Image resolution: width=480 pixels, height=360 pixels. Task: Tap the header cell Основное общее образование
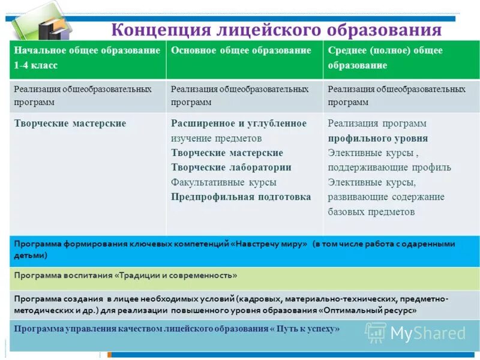241,50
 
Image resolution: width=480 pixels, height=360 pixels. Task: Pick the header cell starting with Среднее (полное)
385,50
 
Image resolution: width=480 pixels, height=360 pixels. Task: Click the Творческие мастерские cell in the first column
70,123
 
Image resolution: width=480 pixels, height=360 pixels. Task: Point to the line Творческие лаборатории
231,167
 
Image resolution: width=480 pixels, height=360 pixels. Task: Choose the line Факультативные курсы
224,182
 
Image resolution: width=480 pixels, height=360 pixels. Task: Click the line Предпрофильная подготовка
241,197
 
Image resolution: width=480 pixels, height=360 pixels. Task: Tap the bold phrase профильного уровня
378,138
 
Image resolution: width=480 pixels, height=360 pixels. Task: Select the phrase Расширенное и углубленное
239,123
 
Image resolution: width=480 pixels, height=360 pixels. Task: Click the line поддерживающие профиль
389,167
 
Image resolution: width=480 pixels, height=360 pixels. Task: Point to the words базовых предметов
371,212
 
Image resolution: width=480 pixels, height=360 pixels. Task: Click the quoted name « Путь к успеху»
305,329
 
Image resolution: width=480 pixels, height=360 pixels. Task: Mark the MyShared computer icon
376,332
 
